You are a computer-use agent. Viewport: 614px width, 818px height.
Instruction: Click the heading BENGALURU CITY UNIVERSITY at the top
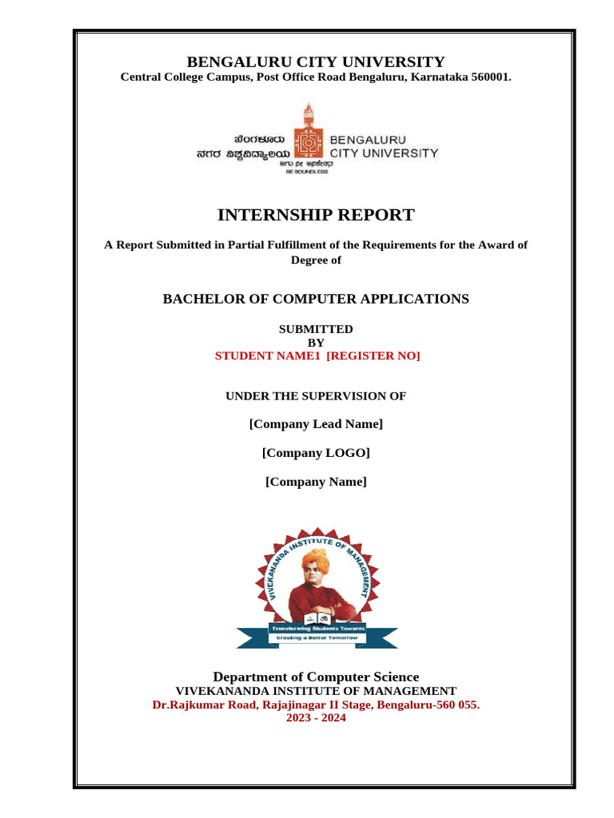point(316,62)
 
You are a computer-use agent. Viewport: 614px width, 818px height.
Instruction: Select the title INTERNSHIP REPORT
point(316,215)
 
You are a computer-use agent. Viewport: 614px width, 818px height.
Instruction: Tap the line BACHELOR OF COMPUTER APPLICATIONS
point(316,299)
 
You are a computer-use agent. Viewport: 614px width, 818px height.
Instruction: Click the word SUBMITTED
point(316,329)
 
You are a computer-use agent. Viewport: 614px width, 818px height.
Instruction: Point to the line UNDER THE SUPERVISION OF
point(316,396)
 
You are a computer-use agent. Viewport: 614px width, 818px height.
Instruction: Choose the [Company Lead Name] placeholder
point(316,423)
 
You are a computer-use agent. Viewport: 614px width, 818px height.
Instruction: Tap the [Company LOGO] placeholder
point(316,453)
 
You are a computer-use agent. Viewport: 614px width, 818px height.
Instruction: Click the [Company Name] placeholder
point(316,482)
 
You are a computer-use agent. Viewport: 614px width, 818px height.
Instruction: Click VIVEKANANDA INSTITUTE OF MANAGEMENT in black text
point(316,691)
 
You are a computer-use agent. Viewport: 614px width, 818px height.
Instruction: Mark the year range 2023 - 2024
point(316,718)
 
